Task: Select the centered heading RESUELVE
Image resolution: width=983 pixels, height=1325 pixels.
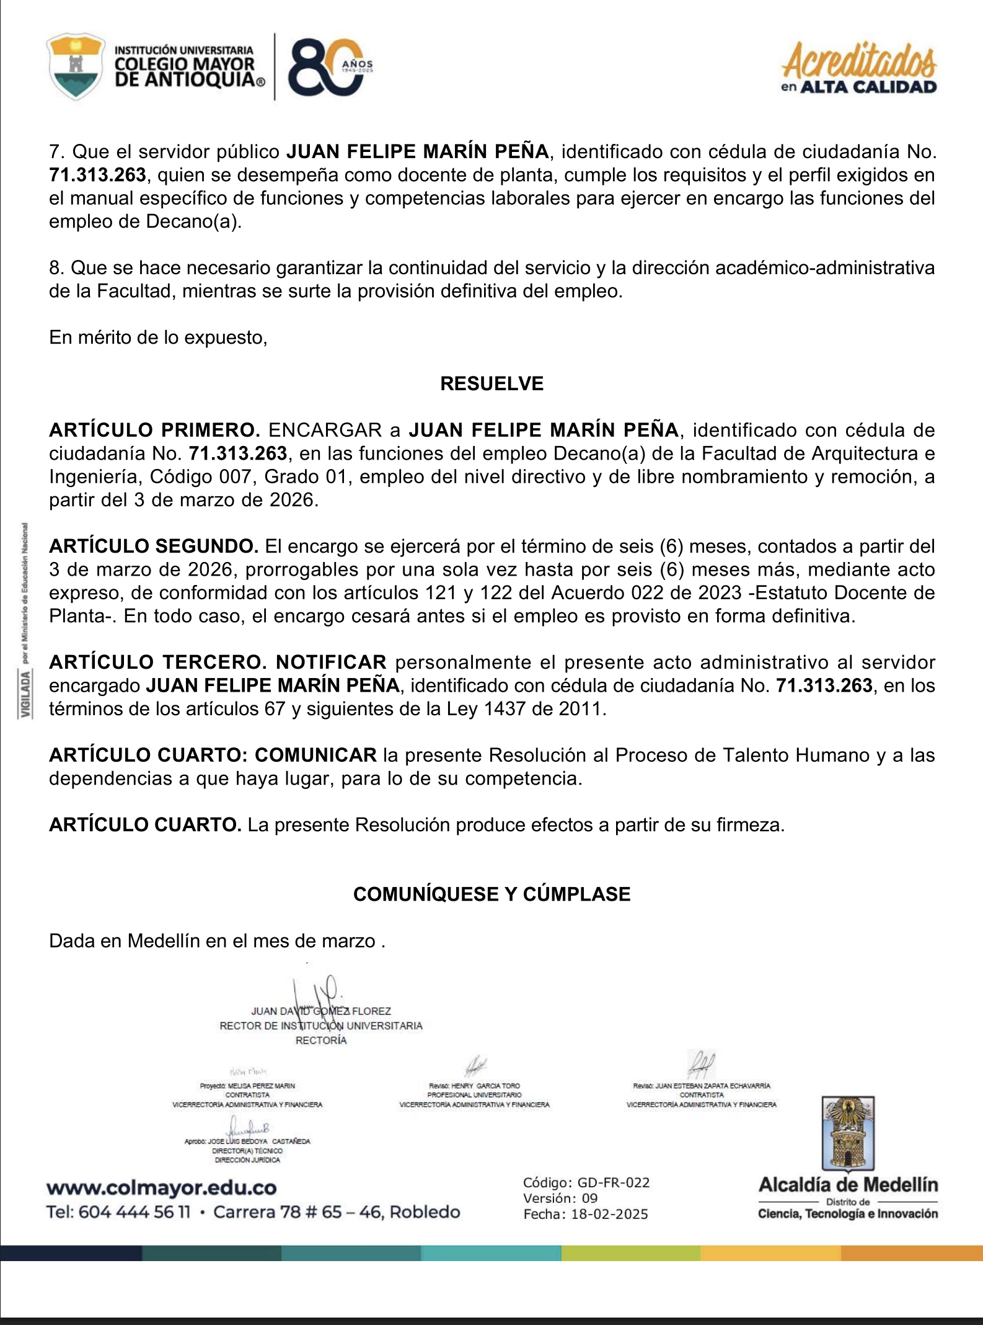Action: [x=492, y=383]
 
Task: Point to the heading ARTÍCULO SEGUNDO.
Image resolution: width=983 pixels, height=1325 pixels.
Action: [x=154, y=546]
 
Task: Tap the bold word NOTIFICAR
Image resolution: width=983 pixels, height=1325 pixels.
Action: [x=331, y=662]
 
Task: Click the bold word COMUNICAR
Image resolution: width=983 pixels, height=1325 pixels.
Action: [x=315, y=755]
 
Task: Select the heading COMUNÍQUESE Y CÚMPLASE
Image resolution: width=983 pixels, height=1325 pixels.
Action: [x=492, y=894]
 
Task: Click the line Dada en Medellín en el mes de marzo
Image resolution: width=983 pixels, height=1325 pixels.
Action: [x=217, y=941]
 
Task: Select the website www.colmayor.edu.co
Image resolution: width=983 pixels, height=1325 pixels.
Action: [x=161, y=1188]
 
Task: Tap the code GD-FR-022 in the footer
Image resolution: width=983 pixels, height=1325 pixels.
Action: [x=613, y=1182]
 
